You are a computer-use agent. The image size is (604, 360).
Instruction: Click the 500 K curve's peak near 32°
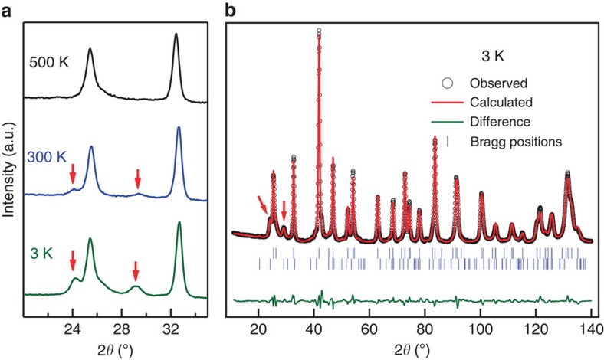pyautogui.click(x=176, y=35)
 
